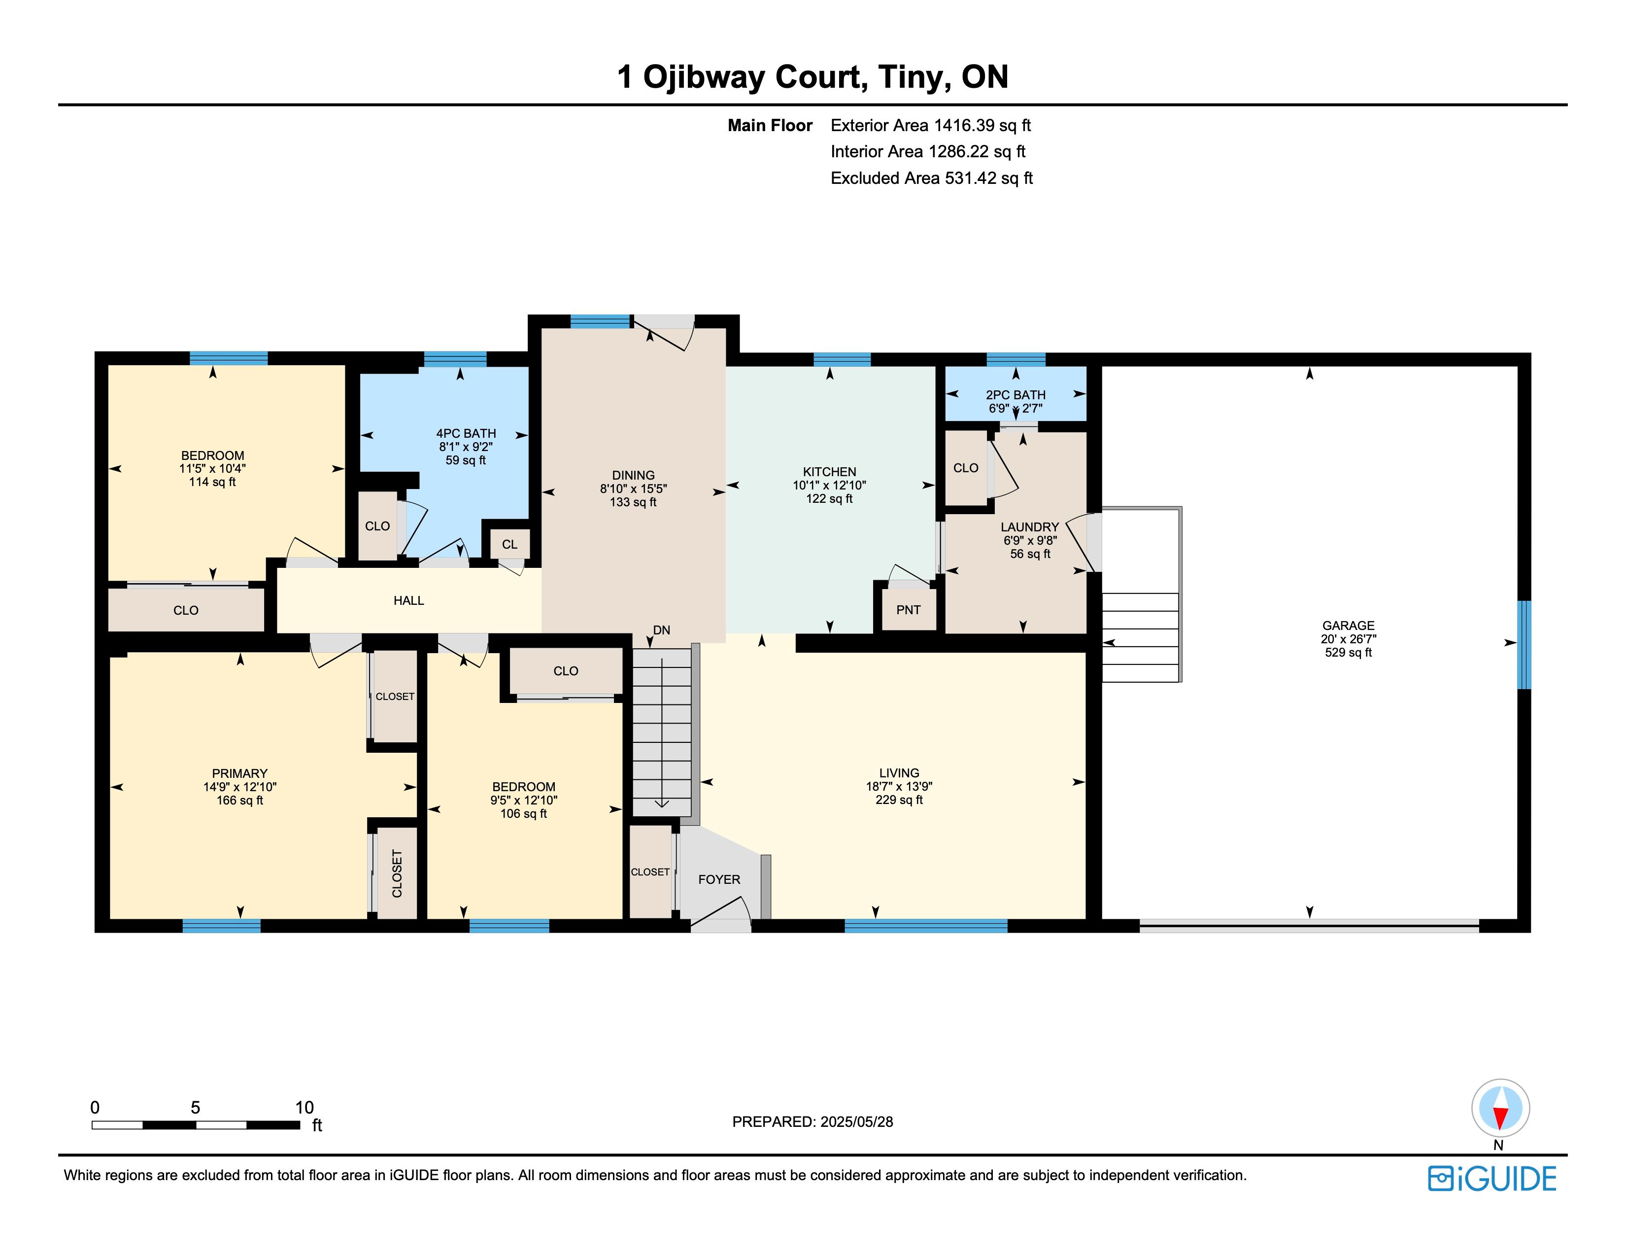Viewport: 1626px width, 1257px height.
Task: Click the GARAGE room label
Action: tap(1348, 626)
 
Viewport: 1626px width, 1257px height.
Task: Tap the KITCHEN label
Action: tap(829, 472)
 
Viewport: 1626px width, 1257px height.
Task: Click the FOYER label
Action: tap(719, 879)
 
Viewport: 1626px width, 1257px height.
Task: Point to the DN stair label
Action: tap(661, 630)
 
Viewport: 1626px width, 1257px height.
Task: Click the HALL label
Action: tap(409, 600)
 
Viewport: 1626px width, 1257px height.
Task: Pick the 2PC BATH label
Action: tap(1016, 395)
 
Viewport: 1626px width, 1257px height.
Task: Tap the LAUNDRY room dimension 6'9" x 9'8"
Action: tap(1030, 541)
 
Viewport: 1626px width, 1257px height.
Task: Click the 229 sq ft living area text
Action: tap(899, 800)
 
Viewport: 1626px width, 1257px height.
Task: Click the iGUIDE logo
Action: tap(1492, 1179)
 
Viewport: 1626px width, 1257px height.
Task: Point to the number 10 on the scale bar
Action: tap(305, 1107)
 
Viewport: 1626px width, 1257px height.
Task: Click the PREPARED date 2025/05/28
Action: tap(856, 1121)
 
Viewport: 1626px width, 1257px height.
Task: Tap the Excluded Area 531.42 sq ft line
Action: tap(931, 178)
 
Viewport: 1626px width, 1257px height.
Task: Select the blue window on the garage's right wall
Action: tap(1524, 645)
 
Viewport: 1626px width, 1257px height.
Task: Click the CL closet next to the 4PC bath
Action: tap(509, 544)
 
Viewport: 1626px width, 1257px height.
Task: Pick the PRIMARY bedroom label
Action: tap(240, 774)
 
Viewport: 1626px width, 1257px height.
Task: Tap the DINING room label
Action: tap(634, 475)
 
